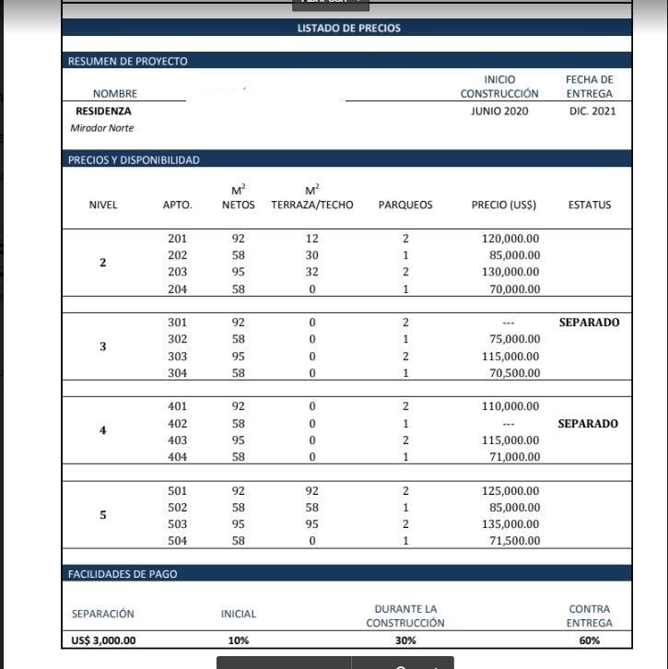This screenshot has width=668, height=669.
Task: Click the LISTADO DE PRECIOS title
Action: [348, 28]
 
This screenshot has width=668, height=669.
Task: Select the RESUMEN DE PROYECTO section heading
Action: [127, 61]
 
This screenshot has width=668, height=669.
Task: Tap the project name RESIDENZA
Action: [103, 111]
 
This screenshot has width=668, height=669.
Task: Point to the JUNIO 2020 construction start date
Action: [499, 111]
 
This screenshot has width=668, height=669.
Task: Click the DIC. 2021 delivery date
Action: [591, 111]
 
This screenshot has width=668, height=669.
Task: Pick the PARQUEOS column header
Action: [405, 205]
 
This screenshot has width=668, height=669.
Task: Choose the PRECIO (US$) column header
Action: [503, 205]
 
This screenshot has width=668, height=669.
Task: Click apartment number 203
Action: [177, 272]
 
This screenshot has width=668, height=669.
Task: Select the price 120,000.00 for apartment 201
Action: [510, 239]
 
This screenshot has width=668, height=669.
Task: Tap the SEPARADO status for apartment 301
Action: [589, 323]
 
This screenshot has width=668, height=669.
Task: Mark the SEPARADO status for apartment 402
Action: [588, 424]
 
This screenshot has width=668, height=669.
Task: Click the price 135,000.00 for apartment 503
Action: [510, 524]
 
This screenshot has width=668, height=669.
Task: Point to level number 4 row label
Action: [102, 431]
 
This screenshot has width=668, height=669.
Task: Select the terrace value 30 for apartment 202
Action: [312, 255]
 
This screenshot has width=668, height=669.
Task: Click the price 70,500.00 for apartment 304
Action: [513, 373]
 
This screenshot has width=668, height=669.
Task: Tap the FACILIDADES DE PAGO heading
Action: [123, 573]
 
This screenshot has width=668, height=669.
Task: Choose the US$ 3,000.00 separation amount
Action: [103, 640]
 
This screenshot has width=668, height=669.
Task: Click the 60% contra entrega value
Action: [590, 640]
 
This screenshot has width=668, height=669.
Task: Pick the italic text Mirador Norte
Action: [102, 128]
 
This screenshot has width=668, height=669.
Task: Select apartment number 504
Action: [177, 541]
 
